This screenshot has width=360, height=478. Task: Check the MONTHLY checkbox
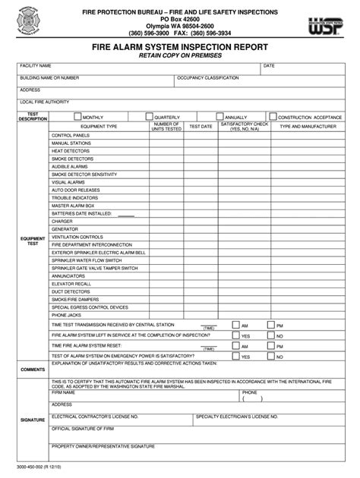77,116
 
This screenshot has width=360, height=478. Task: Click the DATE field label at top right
269,66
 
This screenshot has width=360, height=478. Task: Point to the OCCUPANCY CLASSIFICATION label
208,77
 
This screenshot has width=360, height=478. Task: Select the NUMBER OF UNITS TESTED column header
166,126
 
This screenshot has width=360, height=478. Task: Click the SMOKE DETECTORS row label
71,159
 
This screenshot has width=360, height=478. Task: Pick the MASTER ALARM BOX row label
72,206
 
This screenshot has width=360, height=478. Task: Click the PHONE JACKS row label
65,315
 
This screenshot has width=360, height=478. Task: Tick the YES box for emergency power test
236,354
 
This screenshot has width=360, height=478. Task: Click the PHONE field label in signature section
250,392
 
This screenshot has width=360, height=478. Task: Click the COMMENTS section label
33,369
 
